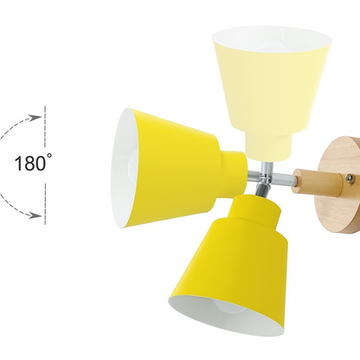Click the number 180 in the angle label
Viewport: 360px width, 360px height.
(30, 164)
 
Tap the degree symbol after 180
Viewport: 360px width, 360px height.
(49, 156)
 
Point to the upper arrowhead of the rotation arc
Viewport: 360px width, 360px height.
(35, 118)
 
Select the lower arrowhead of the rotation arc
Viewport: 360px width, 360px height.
(35, 215)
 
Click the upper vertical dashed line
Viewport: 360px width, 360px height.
(45, 126)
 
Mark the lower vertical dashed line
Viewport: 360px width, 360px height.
(45, 203)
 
